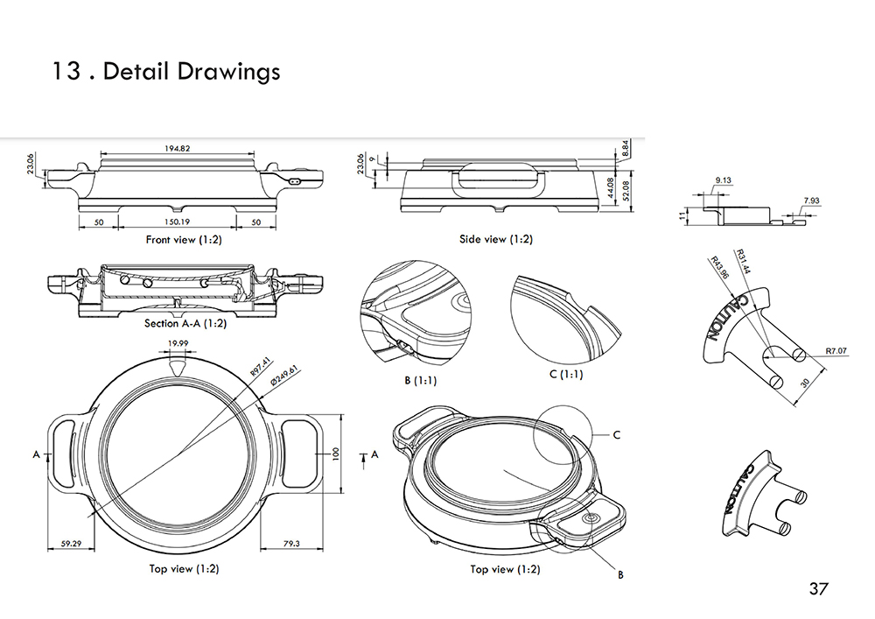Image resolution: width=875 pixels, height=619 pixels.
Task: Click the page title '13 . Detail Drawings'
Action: [x=166, y=71]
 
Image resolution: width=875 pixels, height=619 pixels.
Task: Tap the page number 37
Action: [x=818, y=588]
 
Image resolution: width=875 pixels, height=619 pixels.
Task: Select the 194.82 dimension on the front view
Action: [x=177, y=149]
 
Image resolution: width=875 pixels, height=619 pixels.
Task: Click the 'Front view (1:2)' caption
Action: [x=184, y=239]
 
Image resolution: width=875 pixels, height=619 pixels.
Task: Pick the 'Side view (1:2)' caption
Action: [x=495, y=239]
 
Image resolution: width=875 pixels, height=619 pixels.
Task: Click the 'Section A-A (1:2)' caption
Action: [x=185, y=323]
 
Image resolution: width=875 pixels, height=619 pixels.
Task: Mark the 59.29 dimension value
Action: [x=73, y=544]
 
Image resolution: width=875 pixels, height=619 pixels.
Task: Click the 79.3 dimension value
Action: [x=291, y=544]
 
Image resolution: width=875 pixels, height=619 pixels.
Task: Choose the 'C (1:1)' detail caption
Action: [x=566, y=375]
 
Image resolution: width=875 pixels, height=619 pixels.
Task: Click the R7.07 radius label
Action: [x=836, y=351]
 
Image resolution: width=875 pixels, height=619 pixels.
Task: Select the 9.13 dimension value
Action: [x=723, y=180]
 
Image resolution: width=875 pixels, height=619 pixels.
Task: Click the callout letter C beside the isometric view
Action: [x=616, y=434]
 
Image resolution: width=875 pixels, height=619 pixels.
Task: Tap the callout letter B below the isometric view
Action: [x=620, y=575]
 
